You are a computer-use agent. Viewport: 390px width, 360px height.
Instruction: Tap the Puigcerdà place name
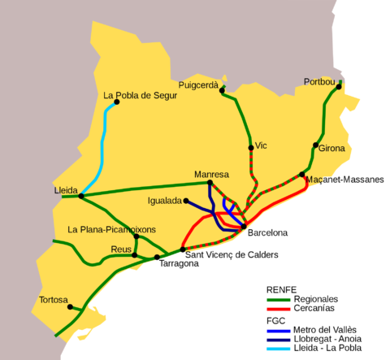[198, 85]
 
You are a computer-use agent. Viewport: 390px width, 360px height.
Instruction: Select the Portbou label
[318, 81]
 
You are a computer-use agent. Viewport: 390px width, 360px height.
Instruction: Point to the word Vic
[261, 145]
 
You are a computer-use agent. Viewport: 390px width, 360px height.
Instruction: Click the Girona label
[331, 148]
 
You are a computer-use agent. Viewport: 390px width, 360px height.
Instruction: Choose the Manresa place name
[211, 174]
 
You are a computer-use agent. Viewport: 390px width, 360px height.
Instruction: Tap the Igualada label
[165, 201]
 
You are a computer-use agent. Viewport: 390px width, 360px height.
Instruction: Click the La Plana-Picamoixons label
[112, 229]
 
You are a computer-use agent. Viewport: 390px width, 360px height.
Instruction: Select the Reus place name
[120, 249]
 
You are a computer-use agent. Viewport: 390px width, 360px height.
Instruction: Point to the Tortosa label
[54, 300]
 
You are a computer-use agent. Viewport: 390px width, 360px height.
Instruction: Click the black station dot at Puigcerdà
[222, 90]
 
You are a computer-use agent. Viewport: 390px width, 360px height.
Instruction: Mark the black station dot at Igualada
[186, 201]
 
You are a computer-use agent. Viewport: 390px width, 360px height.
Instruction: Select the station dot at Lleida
[81, 196]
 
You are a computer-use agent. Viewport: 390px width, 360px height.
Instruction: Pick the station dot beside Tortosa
[71, 306]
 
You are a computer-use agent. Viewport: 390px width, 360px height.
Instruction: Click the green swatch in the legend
[278, 300]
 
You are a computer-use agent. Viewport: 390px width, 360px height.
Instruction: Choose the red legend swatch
[278, 309]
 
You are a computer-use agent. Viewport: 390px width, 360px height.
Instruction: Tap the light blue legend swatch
[278, 349]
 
